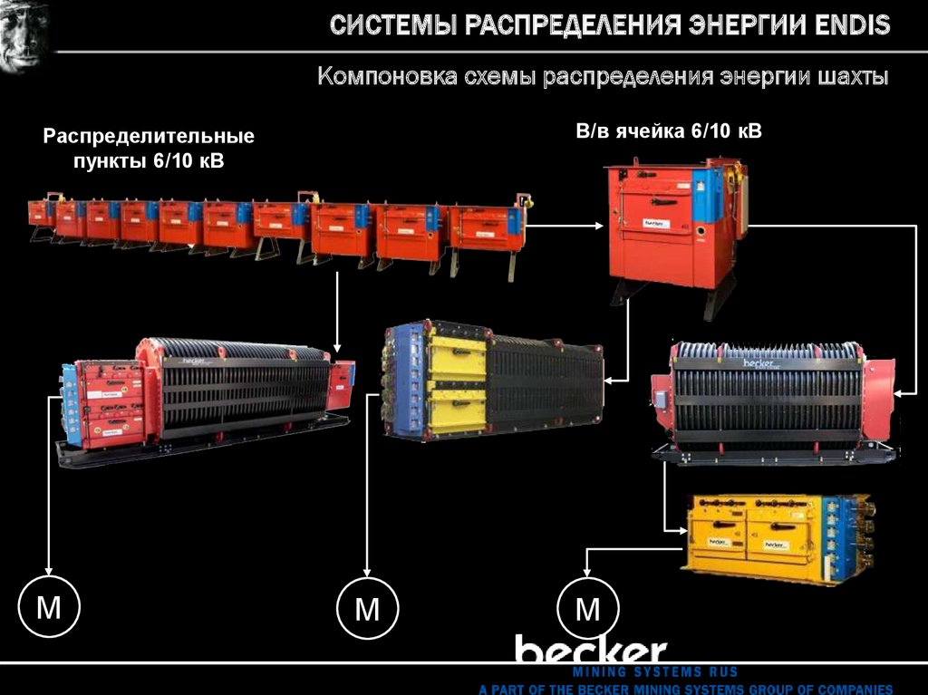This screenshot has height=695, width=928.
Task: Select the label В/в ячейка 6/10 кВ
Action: [669, 131]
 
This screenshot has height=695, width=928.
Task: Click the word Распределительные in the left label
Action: [150, 138]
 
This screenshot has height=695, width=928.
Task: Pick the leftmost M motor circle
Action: [49, 607]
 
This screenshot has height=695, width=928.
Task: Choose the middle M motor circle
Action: [367, 608]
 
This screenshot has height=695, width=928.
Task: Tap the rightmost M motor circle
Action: [588, 608]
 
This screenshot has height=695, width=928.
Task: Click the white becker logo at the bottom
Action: [591, 650]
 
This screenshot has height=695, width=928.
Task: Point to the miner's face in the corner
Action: [24, 36]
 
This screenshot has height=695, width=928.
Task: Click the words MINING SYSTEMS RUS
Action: [655, 672]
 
